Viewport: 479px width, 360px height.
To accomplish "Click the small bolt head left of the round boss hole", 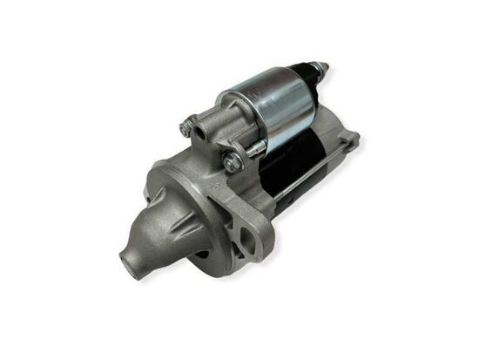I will click(185, 128).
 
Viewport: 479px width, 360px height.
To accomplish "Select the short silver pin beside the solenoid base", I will click(253, 149).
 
